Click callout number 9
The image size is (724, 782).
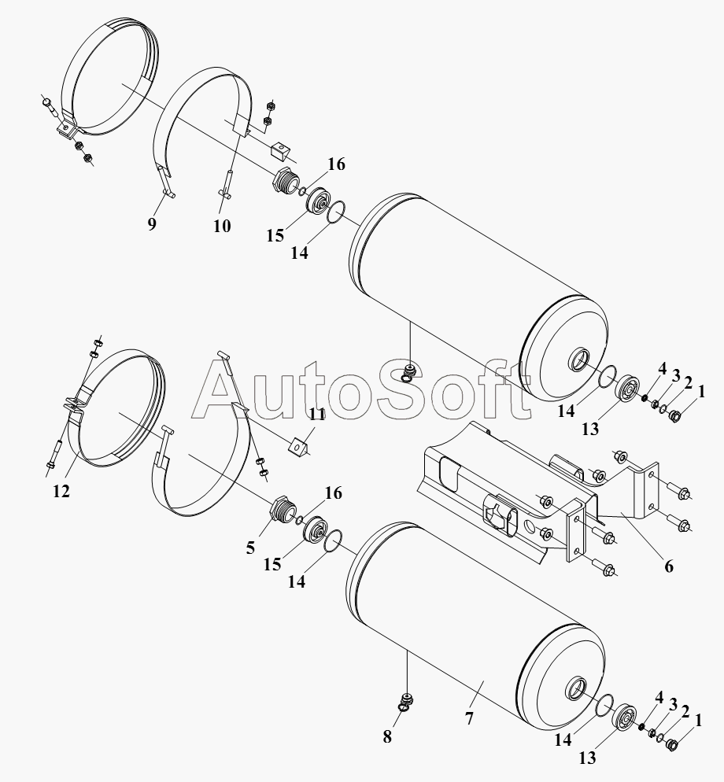(152, 224)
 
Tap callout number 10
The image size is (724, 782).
(222, 226)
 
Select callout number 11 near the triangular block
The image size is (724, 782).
(317, 415)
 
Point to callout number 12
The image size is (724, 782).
(61, 491)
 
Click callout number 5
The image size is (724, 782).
(250, 548)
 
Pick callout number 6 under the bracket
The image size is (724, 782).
(669, 566)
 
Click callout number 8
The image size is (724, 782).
(387, 736)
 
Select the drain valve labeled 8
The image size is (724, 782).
(407, 702)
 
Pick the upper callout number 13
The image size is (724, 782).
(589, 429)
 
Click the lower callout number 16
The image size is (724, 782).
(334, 492)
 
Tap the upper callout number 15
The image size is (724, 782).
(275, 235)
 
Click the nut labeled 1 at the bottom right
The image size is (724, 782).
(671, 745)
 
